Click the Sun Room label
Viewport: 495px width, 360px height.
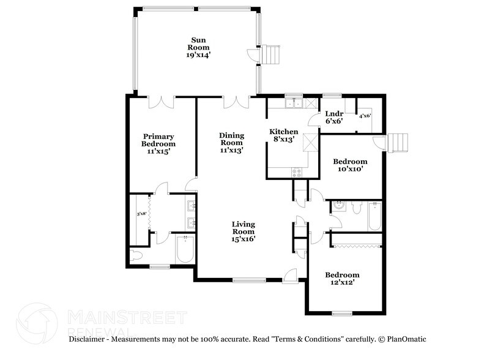pyautogui.click(x=199, y=47)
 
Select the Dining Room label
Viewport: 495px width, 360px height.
pyautogui.click(x=232, y=142)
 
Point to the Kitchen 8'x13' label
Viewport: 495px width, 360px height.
pyautogui.click(x=285, y=135)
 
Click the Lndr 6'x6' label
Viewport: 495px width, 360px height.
pyautogui.click(x=333, y=118)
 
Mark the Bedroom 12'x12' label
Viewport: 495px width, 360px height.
pyautogui.click(x=342, y=279)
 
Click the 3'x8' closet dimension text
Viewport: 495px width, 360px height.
pyautogui.click(x=141, y=214)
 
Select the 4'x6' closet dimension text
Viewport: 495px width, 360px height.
pyautogui.click(x=365, y=116)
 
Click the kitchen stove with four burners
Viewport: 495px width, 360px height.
pyautogui.click(x=296, y=172)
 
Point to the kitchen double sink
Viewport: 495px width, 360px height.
pyautogui.click(x=293, y=103)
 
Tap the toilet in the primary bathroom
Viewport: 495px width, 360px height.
pyautogui.click(x=136, y=255)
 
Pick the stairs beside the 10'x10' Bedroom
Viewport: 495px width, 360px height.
pyautogui.click(x=398, y=141)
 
